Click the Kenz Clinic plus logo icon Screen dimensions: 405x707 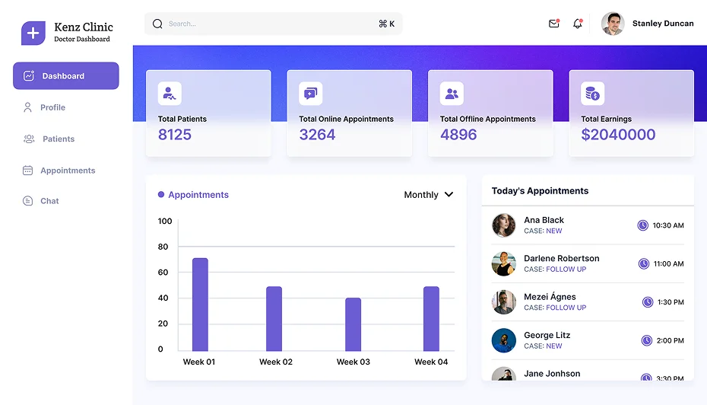(33, 33)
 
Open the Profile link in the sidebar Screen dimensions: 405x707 (52, 107)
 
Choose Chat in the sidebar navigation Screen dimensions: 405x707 (49, 201)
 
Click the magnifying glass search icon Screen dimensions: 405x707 (157, 24)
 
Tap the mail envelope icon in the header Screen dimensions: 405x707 (553, 24)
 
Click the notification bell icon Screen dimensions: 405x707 (577, 24)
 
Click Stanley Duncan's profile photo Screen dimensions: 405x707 (613, 24)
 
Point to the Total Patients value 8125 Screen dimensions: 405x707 (175, 135)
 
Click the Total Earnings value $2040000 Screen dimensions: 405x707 (617, 135)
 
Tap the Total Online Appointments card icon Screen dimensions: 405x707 (310, 94)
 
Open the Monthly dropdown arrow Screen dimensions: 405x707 (449, 195)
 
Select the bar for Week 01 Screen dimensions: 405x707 (200, 305)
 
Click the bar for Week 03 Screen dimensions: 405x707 (353, 324)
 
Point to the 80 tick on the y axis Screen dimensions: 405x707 (163, 247)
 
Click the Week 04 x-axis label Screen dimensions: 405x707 (431, 362)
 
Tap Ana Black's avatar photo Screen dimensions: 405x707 (503, 225)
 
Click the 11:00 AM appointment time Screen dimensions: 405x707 (668, 264)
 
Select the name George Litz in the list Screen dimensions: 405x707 (547, 335)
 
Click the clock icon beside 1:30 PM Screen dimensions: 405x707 (648, 302)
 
